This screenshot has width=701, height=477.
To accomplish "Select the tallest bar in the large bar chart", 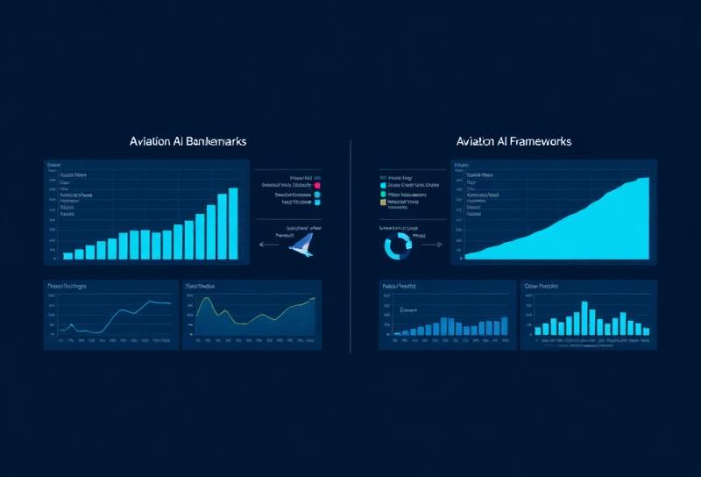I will click(233, 224).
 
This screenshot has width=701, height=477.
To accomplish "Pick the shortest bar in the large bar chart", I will click(67, 256).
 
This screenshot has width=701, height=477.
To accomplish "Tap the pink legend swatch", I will click(317, 186).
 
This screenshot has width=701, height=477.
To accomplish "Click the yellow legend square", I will click(383, 202).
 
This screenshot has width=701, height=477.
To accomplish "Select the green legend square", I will click(383, 194).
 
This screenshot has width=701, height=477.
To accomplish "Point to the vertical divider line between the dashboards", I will click(350, 246).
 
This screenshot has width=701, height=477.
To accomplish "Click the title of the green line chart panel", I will click(201, 287).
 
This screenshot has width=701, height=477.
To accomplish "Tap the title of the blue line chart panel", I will click(67, 287).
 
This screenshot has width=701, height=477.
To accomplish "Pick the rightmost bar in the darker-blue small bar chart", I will click(504, 325).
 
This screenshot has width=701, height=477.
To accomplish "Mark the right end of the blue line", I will click(170, 303).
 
